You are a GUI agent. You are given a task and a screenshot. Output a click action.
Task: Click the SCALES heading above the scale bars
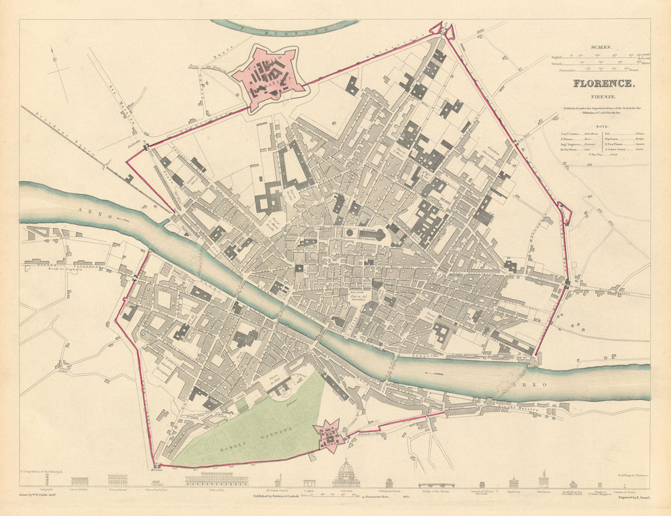coord(601,48)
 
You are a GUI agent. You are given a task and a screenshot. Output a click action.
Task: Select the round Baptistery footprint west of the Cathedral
coord(350,234)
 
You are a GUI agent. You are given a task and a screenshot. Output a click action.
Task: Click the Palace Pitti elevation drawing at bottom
coord(216,479)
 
